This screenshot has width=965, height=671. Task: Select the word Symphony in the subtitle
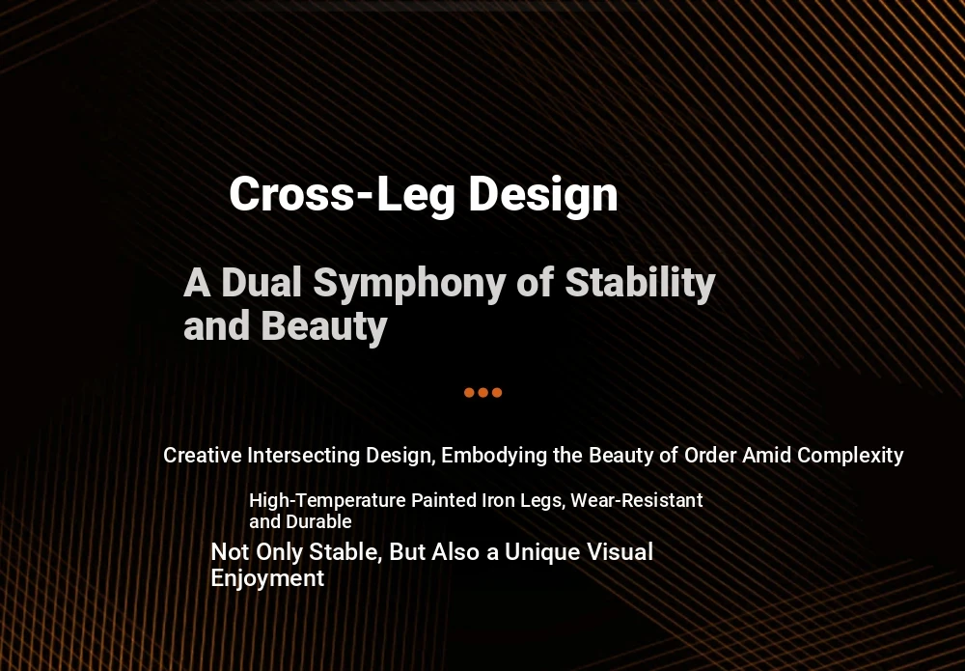point(409,284)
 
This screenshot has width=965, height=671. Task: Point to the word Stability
point(640,284)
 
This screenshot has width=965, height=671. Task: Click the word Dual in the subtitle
point(262,283)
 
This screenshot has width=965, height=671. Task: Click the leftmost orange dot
point(469,393)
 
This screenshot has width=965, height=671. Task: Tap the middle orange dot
point(483,393)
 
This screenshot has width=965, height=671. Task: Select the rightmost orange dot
point(497,393)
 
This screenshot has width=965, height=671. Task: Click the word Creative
point(203,456)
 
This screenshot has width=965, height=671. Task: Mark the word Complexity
point(850,456)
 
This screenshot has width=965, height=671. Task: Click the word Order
point(710,456)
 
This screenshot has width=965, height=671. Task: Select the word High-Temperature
point(327,500)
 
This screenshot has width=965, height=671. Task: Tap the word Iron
point(499,500)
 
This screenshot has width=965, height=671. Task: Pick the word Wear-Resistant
point(636,500)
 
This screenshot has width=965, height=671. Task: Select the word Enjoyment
point(267,578)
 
